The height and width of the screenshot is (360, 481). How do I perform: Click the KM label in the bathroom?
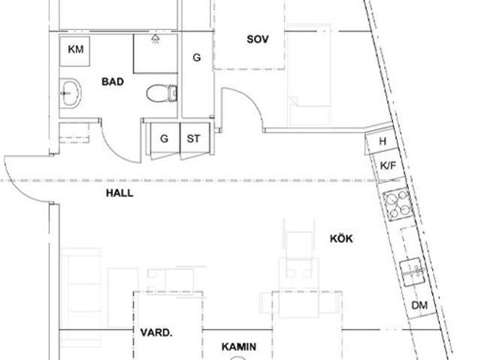[75, 50]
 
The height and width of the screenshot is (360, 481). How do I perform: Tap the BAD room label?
[113, 81]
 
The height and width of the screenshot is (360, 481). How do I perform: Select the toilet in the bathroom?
[162, 93]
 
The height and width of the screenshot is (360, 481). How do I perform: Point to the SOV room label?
[258, 38]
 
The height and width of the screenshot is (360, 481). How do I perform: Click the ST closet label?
[194, 139]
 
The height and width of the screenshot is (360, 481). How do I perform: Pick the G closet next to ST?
[164, 139]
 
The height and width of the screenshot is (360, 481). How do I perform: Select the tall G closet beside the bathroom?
[197, 57]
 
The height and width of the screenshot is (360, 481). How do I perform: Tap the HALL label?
[119, 193]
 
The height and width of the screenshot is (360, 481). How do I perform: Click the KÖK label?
[341, 239]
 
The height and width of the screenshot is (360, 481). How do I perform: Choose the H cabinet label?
[383, 141]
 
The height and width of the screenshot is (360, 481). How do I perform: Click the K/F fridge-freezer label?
[388, 165]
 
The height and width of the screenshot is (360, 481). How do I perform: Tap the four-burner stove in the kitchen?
[397, 203]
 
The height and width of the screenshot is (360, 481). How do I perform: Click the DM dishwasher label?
[419, 306]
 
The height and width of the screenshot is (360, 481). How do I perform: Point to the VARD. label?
[156, 331]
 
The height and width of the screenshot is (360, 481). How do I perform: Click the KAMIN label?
[239, 347]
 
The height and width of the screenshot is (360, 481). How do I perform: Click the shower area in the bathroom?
[156, 53]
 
